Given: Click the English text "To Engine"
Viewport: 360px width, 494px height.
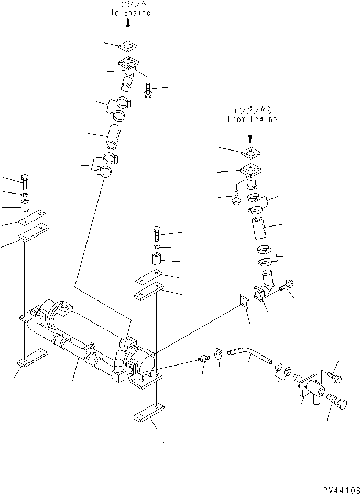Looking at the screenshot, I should click(x=129, y=13).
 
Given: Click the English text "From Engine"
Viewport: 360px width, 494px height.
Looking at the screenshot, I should click(x=252, y=120).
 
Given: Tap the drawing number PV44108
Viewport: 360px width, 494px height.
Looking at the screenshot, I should click(x=339, y=487).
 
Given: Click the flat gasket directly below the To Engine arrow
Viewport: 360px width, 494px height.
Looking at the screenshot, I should click(x=128, y=46).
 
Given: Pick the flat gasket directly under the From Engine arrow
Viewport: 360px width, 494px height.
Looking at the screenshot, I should click(x=250, y=153).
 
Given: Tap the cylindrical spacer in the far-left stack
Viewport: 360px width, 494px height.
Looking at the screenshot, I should click(x=25, y=205).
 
